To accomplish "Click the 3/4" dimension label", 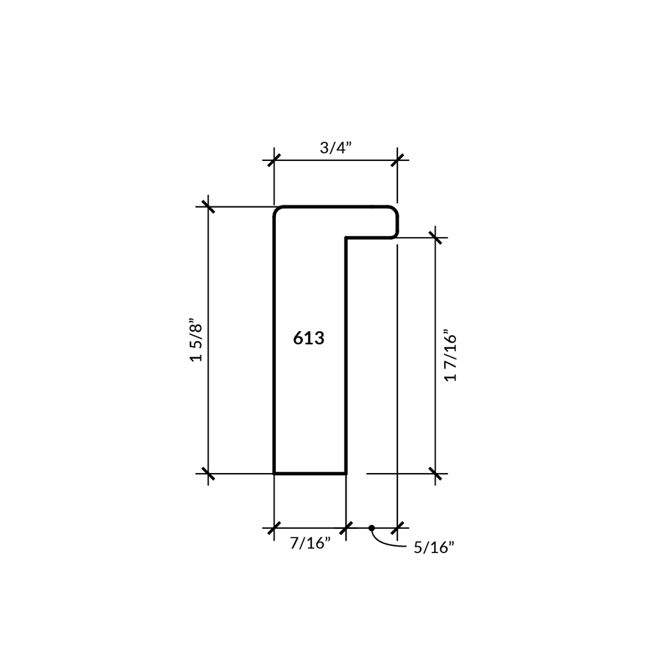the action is (336, 147).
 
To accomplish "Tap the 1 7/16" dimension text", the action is (451, 357).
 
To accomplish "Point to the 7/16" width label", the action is (311, 543).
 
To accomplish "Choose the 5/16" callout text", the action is (434, 548).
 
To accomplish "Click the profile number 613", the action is (309, 338).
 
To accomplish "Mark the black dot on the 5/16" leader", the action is (372, 528).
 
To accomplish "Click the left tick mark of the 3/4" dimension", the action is (274, 160).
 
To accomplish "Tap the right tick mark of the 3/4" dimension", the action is (397, 160).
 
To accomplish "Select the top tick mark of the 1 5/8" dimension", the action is (208, 206).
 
